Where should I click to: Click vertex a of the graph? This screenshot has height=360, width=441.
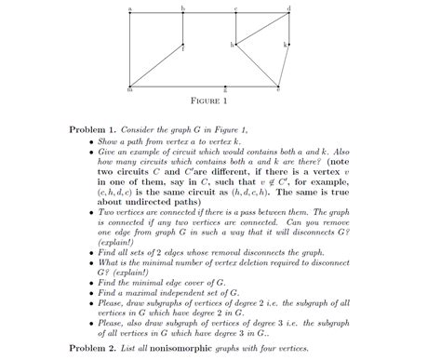(130, 12)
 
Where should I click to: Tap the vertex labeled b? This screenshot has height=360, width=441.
(182, 12)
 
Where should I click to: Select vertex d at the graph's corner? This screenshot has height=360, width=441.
(289, 12)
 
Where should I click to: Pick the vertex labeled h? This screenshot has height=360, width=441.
(236, 44)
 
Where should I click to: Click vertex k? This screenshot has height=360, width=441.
(289, 44)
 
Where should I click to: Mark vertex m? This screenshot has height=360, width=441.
(130, 86)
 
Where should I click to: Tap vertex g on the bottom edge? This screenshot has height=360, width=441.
(210, 86)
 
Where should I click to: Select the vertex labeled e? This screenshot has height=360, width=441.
(277, 86)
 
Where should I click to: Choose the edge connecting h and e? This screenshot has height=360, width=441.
(257, 64)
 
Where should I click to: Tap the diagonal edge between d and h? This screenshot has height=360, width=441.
(263, 28)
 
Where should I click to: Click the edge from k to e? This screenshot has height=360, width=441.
(284, 64)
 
